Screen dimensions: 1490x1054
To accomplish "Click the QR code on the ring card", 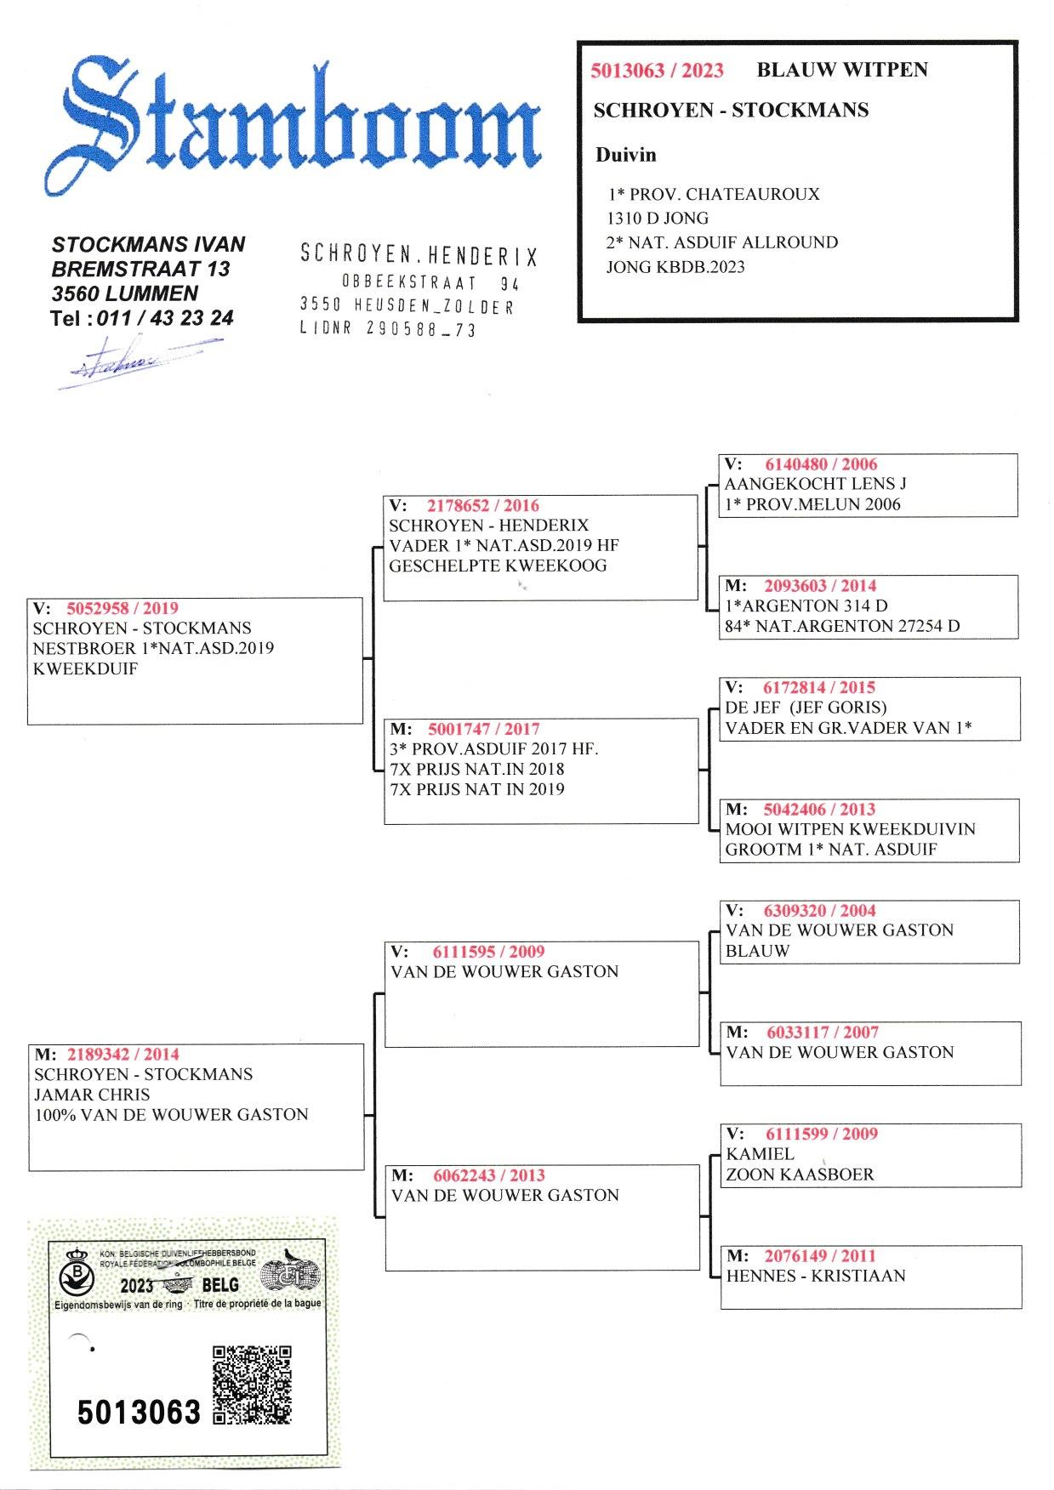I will point(252,1385).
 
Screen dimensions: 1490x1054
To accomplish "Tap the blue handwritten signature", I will point(136,361).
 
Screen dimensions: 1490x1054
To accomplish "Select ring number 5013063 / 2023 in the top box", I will point(657,71).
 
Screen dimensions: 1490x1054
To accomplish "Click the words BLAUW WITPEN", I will point(841,70).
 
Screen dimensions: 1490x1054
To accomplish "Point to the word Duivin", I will point(625,155).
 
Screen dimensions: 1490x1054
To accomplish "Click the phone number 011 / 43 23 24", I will point(165,319).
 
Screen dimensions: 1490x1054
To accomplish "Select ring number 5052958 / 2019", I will point(122,608).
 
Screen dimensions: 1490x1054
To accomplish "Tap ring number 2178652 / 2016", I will point(482,505).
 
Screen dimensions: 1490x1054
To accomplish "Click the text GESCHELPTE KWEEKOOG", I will point(498,566).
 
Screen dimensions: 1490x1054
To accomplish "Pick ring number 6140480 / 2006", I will point(820,464).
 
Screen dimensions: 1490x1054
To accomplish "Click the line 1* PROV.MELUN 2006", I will point(812,504).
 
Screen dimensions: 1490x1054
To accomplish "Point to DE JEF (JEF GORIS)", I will point(805,708).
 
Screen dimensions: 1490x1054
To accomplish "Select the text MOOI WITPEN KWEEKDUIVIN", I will point(850,829).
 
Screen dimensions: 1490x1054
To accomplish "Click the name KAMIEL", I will point(760,1154).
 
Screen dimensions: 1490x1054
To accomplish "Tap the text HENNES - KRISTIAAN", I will point(815,1276).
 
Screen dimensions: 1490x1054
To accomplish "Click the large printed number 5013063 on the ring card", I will point(139,1413).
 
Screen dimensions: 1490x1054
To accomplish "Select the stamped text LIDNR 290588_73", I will point(387,330).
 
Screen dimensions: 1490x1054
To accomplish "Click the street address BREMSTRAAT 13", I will point(140,270).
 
